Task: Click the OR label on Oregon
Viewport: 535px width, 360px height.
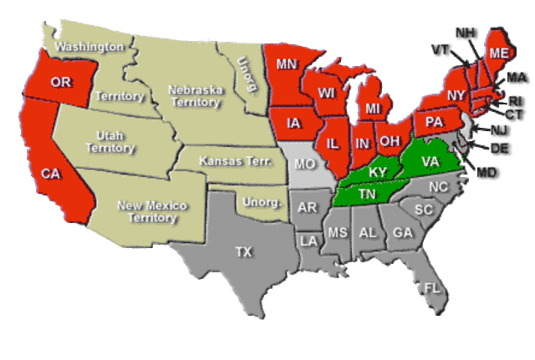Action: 60,82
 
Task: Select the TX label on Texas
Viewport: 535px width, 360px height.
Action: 243,251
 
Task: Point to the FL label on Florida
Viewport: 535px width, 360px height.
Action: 431,288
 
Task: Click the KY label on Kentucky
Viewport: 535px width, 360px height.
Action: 378,172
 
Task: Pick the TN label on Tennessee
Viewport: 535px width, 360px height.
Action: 366,194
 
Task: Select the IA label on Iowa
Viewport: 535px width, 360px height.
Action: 293,124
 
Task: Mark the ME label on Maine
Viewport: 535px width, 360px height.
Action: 499,53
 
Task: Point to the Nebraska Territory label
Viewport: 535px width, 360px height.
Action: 194,96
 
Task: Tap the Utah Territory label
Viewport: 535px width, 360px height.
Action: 115,141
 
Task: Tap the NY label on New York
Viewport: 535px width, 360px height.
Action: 456,95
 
